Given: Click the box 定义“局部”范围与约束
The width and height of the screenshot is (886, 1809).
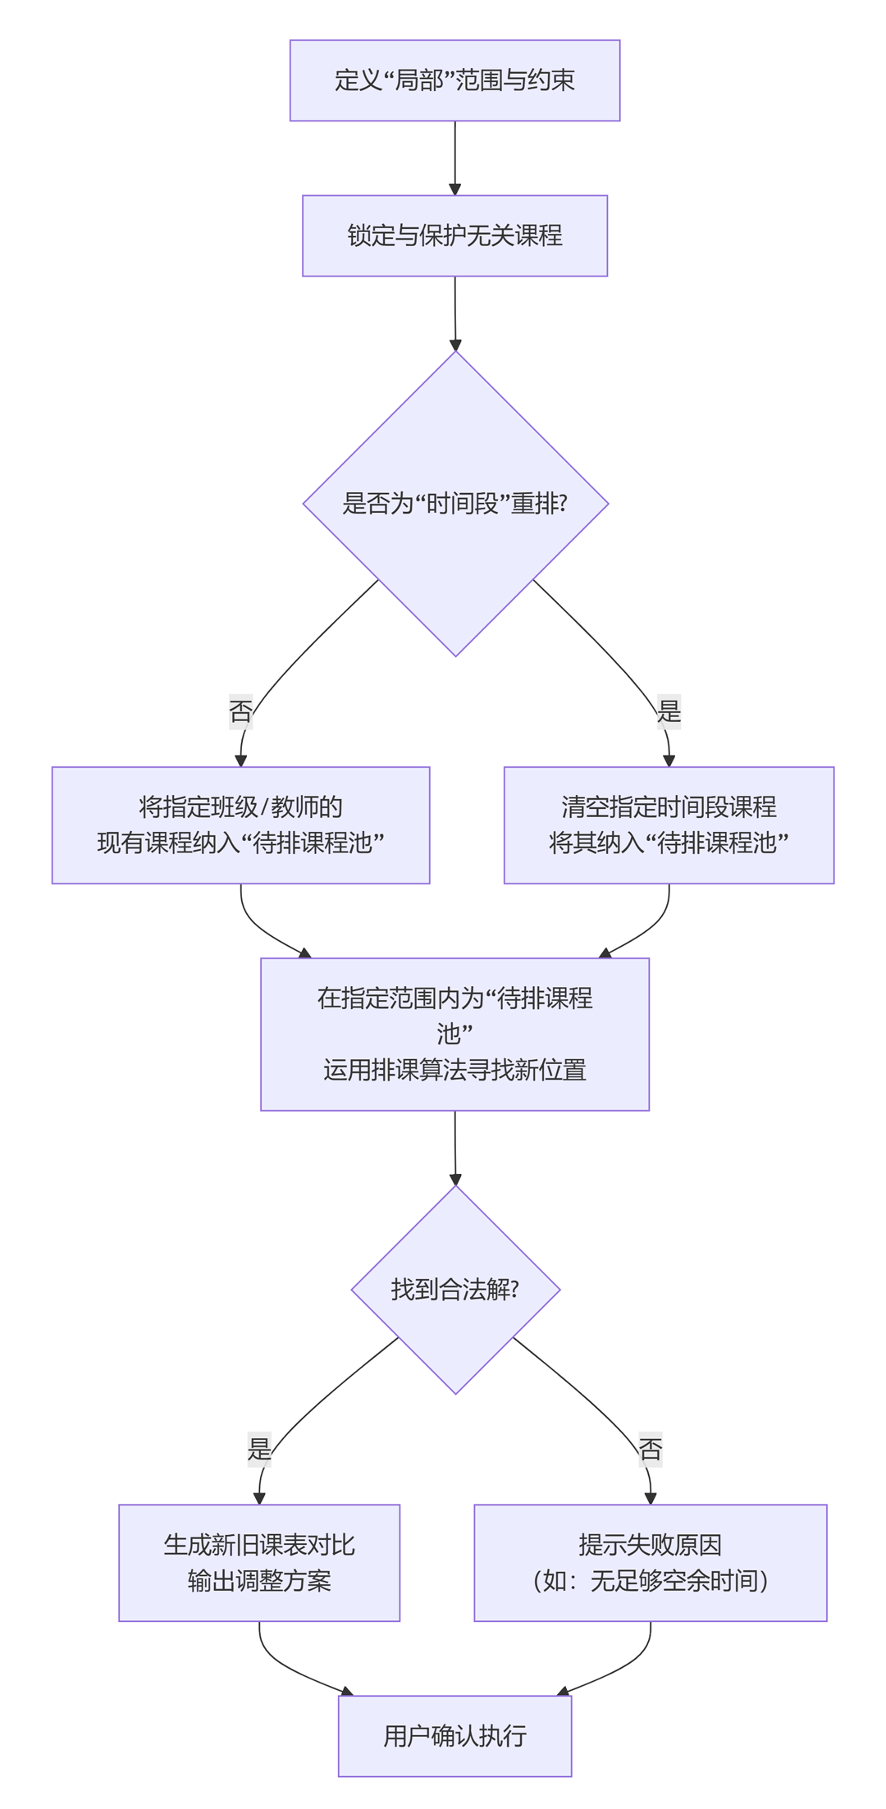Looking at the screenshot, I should pos(454,80).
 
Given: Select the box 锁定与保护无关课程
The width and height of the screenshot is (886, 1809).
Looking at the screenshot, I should pos(454,235).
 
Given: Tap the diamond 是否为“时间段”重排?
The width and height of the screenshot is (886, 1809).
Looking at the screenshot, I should pos(455,504).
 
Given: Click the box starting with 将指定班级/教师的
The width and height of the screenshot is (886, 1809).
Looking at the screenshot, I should pos(240,825).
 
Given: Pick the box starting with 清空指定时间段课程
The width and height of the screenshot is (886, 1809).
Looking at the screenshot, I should pos(669,825).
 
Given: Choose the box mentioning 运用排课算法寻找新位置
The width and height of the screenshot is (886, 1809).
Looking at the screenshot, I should pos(454,1034).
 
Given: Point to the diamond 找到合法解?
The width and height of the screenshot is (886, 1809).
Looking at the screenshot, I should pos(455,1289).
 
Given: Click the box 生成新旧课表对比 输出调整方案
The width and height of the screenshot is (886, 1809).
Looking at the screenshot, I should pos(259,1562).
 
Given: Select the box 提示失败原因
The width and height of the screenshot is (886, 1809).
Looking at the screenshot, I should pos(650,1562).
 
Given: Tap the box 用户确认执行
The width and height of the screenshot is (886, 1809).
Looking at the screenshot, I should pos(454,1736).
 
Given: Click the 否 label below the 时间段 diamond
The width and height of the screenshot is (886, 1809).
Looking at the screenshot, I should pos(240,710).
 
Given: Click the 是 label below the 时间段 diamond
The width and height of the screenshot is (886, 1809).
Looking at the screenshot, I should pos(669,710).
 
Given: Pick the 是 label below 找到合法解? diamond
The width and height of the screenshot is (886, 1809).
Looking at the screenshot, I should pos(259,1449).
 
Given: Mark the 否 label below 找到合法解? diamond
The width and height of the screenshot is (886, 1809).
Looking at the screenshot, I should pos(651,1449).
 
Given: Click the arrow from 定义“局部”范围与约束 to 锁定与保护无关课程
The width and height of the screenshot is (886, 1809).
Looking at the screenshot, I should pos(454,158).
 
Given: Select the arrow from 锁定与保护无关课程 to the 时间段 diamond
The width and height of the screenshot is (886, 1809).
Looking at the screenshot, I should pos(454,313).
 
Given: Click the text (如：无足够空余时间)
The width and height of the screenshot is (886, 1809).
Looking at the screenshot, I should pos(650,1580).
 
